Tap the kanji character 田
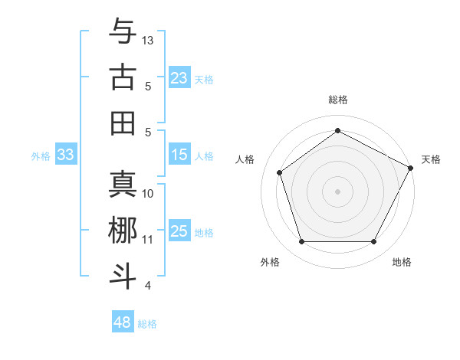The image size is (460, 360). [x=123, y=123]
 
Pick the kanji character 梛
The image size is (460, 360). [x=123, y=231]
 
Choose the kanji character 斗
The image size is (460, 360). [x=123, y=277]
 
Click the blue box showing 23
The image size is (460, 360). [x=179, y=77]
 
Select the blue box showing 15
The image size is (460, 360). [x=179, y=155]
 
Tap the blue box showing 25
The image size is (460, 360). [x=179, y=231]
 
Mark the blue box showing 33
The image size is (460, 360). [x=65, y=155]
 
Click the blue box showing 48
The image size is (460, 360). [x=122, y=322]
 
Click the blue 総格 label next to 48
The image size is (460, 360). [x=147, y=324]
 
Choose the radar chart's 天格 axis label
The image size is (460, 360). [x=431, y=159]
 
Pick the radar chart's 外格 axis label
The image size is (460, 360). [x=270, y=262]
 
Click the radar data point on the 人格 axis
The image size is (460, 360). [x=280, y=172]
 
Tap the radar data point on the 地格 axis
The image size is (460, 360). [x=373, y=242]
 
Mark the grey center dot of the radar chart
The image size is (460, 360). [x=337, y=191]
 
